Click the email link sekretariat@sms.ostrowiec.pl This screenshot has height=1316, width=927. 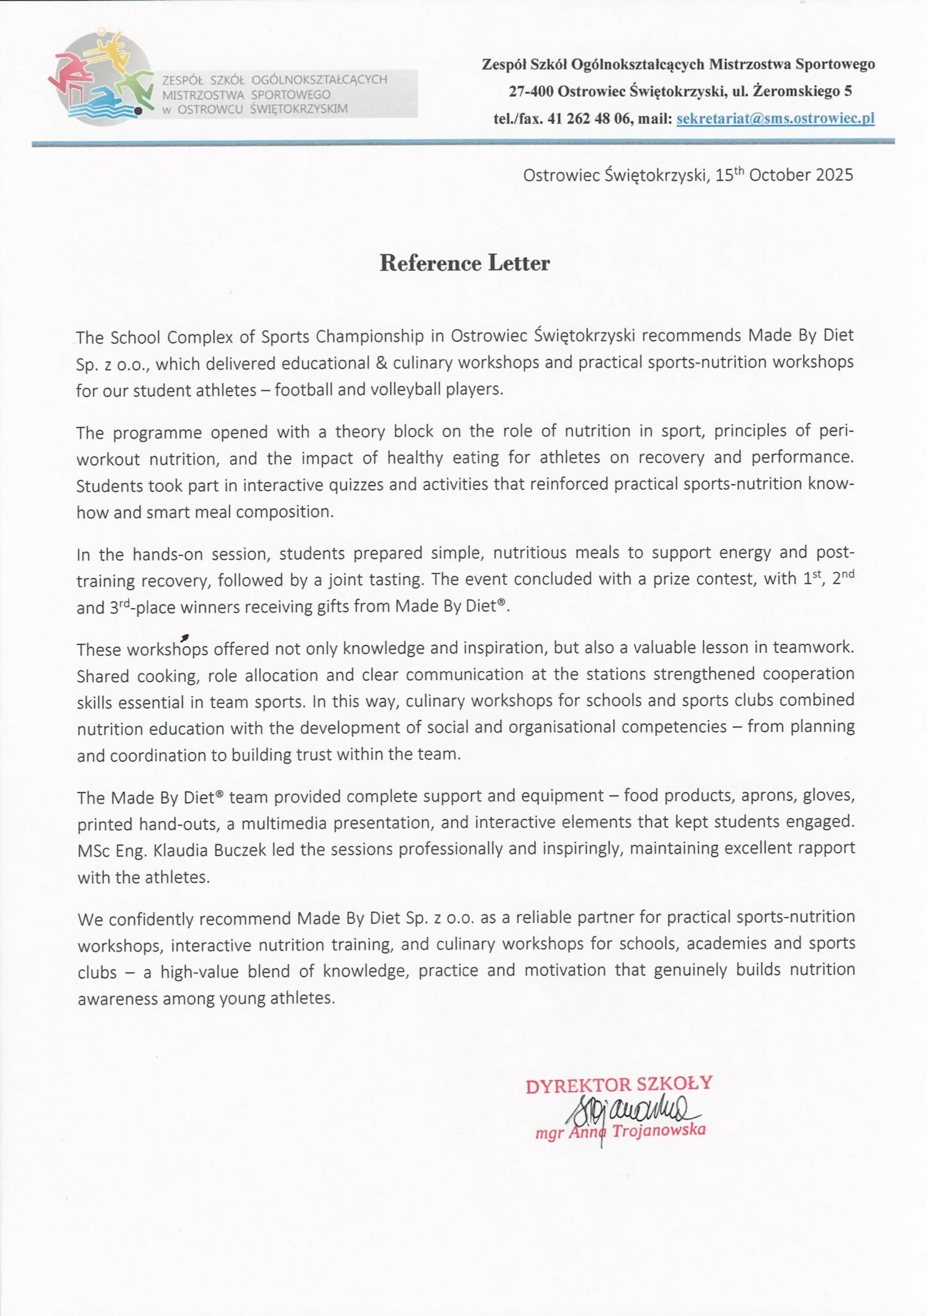775,119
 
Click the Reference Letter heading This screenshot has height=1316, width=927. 464,263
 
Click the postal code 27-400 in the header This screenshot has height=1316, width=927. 531,91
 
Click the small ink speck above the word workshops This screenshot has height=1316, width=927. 184,637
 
